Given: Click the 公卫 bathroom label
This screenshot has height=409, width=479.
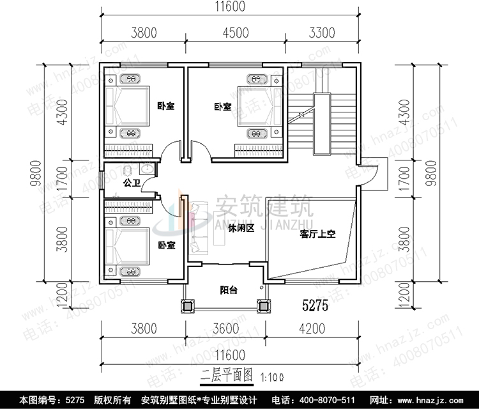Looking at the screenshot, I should click(x=132, y=183).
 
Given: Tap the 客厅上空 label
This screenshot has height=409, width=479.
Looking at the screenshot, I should click(x=317, y=234).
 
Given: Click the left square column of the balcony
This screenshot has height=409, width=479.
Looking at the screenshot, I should click(x=189, y=305).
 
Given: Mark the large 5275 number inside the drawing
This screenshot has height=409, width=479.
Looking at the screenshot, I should click(x=314, y=306).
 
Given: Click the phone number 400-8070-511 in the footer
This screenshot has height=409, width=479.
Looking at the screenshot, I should click(x=331, y=400).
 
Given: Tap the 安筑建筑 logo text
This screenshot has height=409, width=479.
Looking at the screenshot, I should click(x=262, y=207).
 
